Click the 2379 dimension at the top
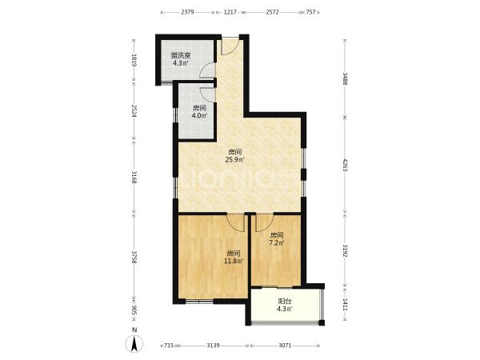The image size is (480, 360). click(x=187, y=12)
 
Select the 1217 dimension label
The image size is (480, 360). click(x=230, y=12)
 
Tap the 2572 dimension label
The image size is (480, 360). click(x=272, y=12)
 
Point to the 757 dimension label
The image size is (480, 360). click(x=310, y=12)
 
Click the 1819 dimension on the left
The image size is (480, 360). click(x=134, y=60)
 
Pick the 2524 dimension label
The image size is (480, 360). click(x=134, y=111)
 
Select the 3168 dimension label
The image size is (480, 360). click(x=134, y=177)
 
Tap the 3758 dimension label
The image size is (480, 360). click(x=134, y=258)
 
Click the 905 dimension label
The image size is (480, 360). click(x=134, y=310)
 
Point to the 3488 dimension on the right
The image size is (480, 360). click(x=346, y=78)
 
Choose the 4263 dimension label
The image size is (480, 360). click(x=346, y=165)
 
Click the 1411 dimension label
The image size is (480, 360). click(x=346, y=305)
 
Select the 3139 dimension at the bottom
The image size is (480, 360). click(x=213, y=346)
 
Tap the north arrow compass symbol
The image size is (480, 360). click(x=134, y=343)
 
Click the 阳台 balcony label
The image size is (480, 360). click(x=284, y=302)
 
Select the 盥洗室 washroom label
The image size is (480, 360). click(x=181, y=56)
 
